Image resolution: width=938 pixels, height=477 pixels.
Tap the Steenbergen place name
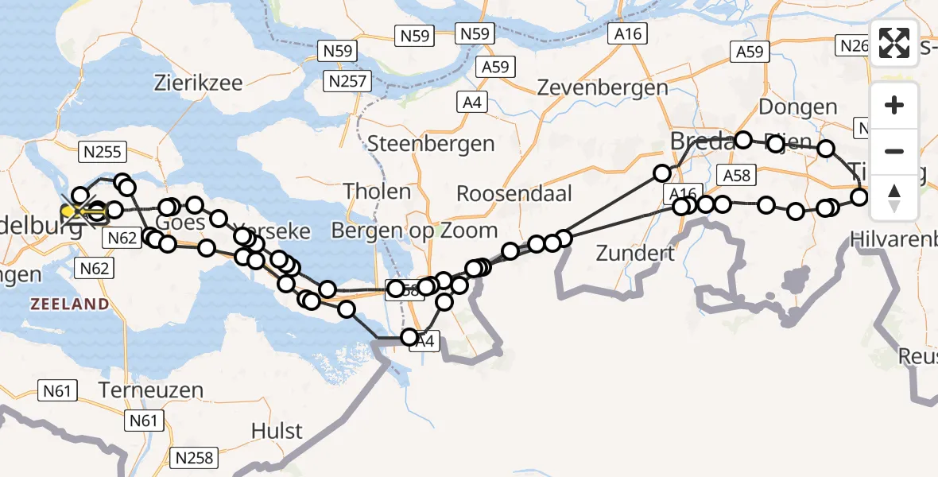[x=431, y=144]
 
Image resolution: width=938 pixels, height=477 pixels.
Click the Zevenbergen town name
[x=603, y=87]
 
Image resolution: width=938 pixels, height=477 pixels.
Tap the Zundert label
[x=634, y=254]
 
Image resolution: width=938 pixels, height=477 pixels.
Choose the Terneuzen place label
[x=152, y=390]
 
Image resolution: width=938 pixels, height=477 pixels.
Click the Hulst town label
[x=277, y=431]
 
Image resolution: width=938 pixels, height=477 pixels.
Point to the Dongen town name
[x=798, y=107]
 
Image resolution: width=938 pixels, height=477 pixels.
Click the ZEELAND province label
[x=70, y=304]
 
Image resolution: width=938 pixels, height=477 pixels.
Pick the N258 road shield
[x=195, y=458]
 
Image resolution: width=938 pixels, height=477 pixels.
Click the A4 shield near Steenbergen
[x=472, y=102]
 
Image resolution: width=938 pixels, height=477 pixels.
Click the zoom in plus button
[x=894, y=106]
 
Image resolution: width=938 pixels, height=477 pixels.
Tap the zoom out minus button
[x=894, y=151]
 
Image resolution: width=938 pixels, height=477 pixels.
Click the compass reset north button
[x=894, y=197]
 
